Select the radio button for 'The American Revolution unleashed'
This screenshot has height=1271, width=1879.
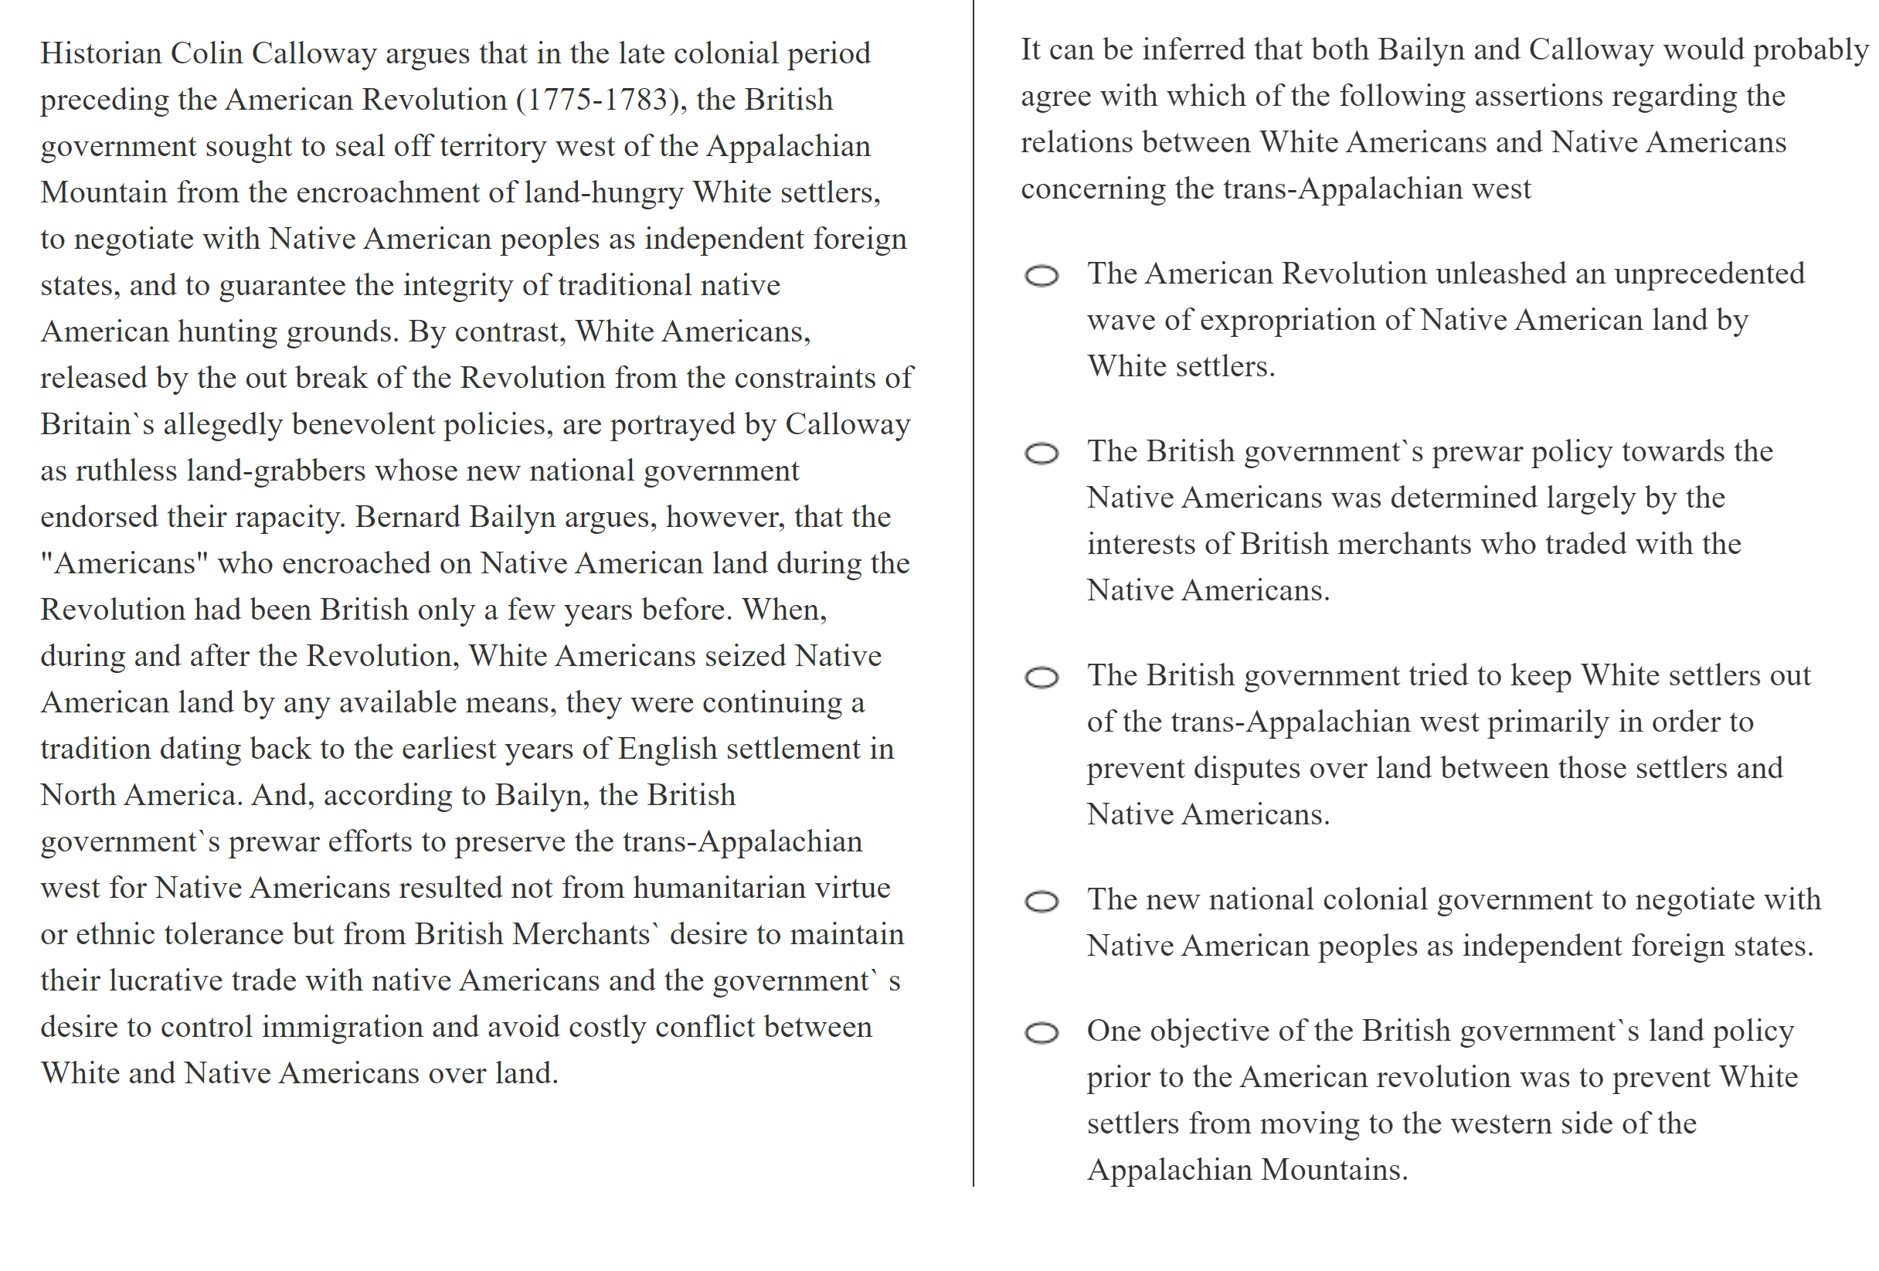click(x=1041, y=276)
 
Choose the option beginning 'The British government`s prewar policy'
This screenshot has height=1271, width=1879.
click(x=1041, y=454)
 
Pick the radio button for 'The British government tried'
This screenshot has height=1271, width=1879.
click(x=1041, y=677)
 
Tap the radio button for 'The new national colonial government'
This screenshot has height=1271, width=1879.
click(x=1041, y=901)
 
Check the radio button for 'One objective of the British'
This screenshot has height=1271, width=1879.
click(x=1041, y=1032)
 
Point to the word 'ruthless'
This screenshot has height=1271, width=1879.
click(x=126, y=471)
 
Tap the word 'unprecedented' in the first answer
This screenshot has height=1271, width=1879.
click(x=1708, y=274)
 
